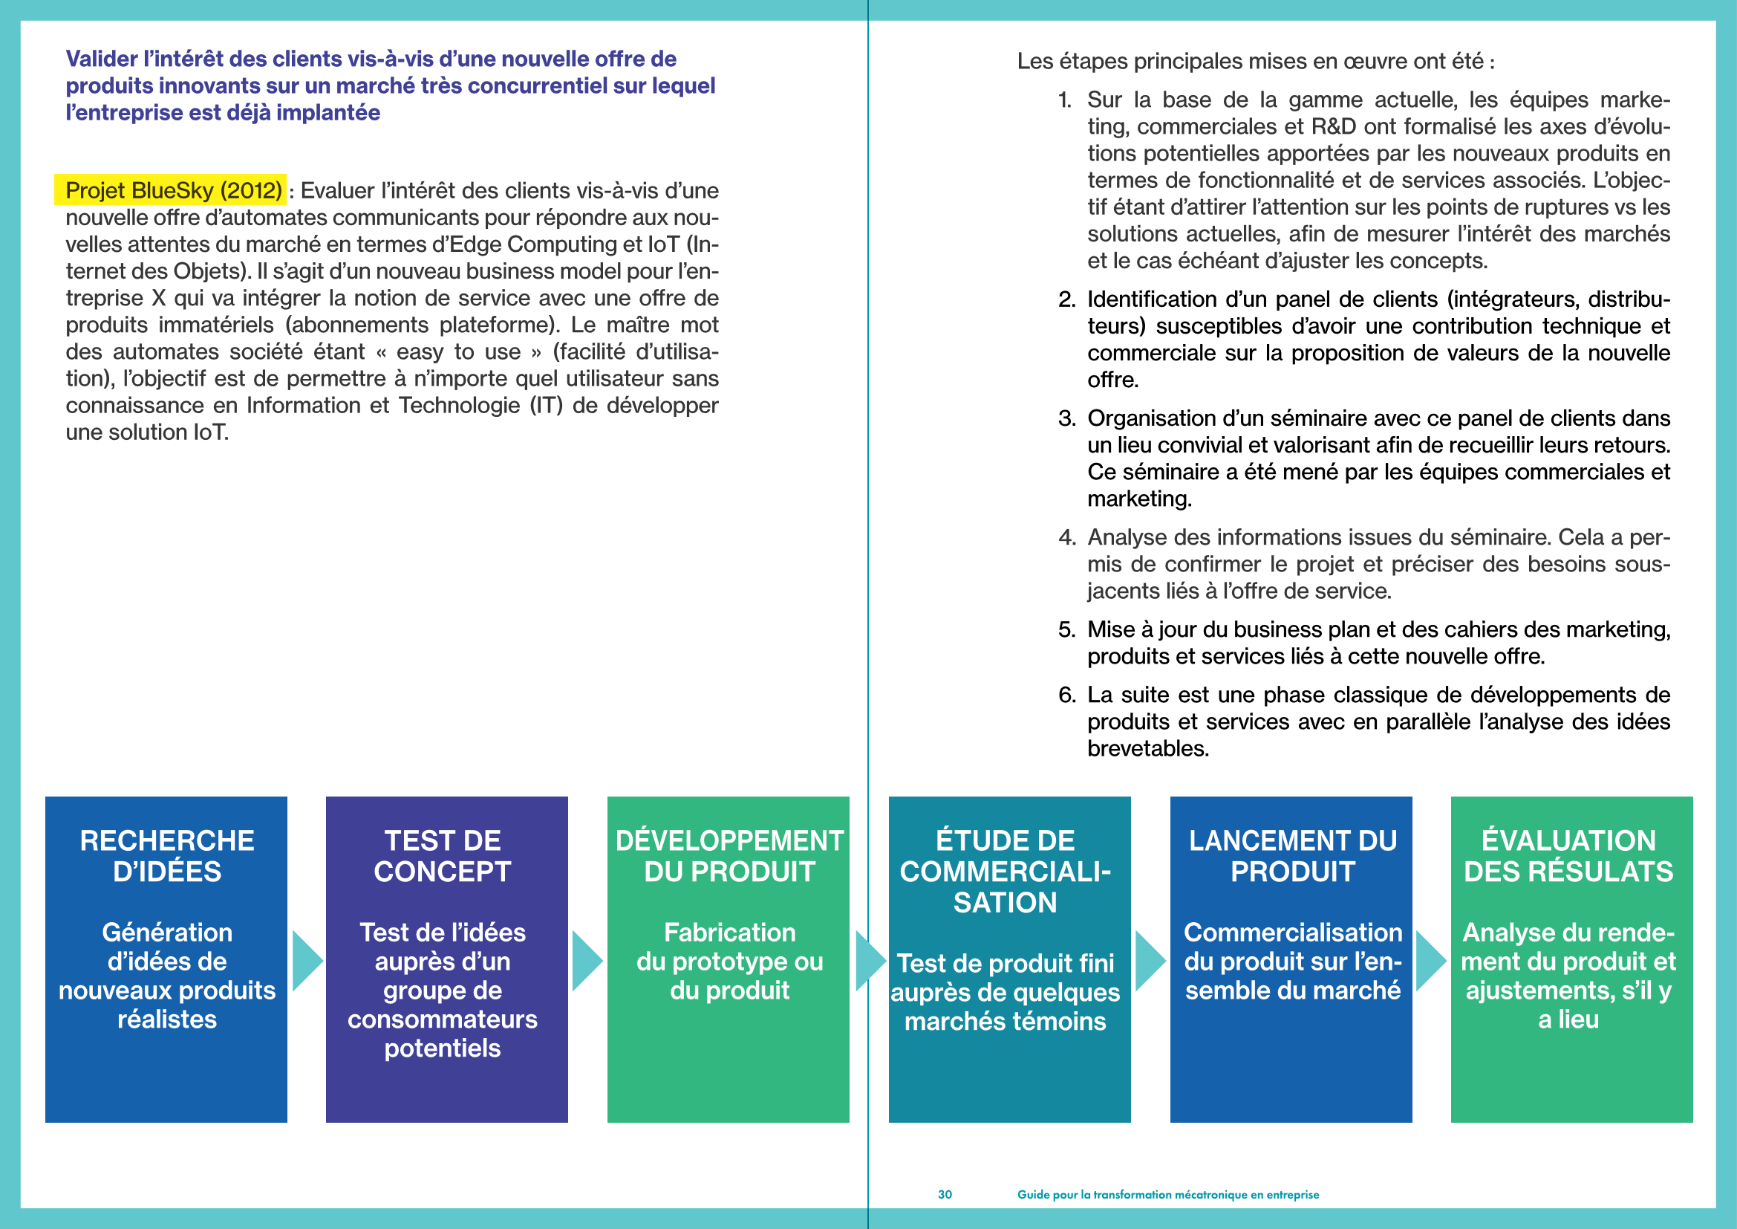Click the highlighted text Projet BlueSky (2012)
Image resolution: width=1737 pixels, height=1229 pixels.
coord(172,190)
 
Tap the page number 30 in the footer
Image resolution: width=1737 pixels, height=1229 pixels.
coord(944,1194)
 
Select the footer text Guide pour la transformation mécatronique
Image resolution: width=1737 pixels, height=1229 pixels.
coord(1167,1194)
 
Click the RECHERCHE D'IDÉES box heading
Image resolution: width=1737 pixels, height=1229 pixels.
coord(167,856)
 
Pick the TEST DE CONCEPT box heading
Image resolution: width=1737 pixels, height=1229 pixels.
coord(443,856)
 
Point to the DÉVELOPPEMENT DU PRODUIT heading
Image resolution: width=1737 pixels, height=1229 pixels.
coord(729,856)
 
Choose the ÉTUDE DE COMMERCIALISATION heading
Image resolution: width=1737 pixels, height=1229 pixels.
coord(1006,871)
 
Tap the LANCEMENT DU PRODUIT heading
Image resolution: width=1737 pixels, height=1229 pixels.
coord(1292,856)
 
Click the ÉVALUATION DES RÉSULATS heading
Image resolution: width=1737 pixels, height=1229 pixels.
coord(1568,856)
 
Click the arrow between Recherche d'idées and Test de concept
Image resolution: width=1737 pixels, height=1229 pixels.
coord(307,960)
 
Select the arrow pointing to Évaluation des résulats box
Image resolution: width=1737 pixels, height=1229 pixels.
coord(1430,960)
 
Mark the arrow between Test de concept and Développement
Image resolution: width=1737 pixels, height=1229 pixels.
coord(587,960)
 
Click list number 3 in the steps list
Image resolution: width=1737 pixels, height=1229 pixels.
coord(1066,418)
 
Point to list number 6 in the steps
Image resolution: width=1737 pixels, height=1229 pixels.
coord(1066,695)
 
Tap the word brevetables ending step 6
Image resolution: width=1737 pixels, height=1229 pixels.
coord(1147,748)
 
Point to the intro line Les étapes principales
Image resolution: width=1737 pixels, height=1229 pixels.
coord(1255,61)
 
